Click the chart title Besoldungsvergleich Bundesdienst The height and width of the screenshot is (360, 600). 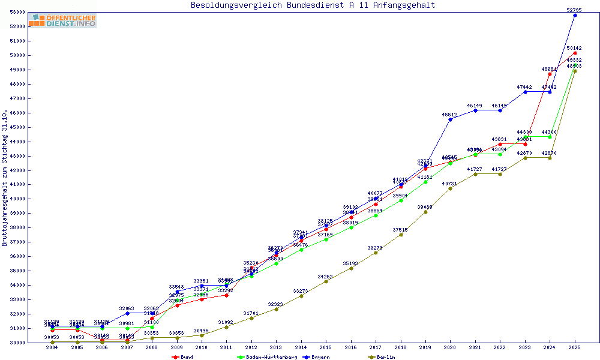click(x=313, y=5)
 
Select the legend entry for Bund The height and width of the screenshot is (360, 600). click(x=183, y=357)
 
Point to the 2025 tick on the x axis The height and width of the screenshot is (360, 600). click(x=575, y=347)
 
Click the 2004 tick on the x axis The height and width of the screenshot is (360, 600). click(x=52, y=347)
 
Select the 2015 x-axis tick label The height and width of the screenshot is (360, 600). click(x=326, y=347)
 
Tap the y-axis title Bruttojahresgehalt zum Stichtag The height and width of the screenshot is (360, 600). click(x=5, y=178)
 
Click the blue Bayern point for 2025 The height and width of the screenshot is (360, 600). click(x=575, y=15)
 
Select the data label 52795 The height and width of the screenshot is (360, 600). click(x=575, y=10)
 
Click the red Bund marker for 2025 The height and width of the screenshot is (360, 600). click(x=575, y=53)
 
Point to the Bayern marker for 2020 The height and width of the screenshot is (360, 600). click(x=451, y=119)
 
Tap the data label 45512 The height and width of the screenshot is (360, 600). click(x=451, y=114)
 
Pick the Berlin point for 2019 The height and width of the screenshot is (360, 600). click(x=425, y=212)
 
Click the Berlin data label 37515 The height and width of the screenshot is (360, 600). click(x=401, y=229)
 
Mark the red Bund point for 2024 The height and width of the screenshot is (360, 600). click(x=550, y=74)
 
